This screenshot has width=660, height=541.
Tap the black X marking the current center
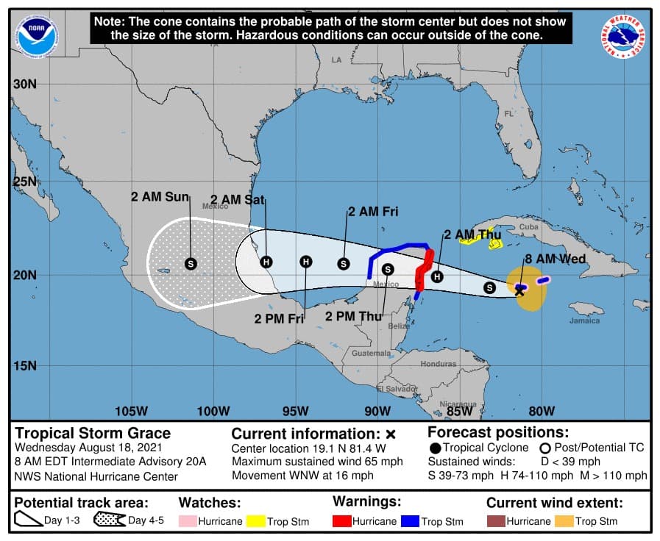[519, 292]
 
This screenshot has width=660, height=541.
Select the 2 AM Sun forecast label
[160, 197]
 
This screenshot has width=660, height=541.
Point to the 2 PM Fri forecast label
[280, 319]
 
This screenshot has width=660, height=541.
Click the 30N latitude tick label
[24, 84]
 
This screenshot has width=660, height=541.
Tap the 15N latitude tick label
[24, 365]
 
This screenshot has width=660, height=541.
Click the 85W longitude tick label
[459, 411]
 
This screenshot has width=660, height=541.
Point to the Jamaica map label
[584, 320]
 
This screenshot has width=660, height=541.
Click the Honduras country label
[438, 364]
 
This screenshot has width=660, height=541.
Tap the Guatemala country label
[372, 354]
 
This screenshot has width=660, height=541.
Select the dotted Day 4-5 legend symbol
[109, 521]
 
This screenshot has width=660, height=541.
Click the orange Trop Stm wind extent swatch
[564, 521]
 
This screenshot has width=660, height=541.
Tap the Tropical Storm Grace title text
[93, 433]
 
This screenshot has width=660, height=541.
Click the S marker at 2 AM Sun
[191, 263]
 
